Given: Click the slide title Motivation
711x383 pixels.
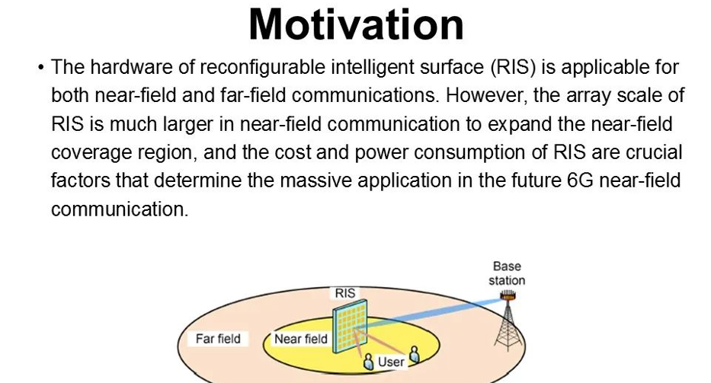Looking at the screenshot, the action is (x=357, y=24).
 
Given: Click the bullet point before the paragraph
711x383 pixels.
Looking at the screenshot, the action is (x=41, y=68).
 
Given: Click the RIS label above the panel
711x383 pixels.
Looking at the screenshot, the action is (x=345, y=293).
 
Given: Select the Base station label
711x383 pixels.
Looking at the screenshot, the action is (x=507, y=273).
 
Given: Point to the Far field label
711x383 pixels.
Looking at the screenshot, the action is (x=218, y=339).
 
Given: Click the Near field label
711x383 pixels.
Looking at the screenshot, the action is (x=301, y=339).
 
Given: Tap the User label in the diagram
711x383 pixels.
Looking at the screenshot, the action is (x=391, y=362).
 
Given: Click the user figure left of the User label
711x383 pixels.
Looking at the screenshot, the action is (x=369, y=362).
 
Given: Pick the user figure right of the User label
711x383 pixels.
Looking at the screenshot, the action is (x=414, y=355).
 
